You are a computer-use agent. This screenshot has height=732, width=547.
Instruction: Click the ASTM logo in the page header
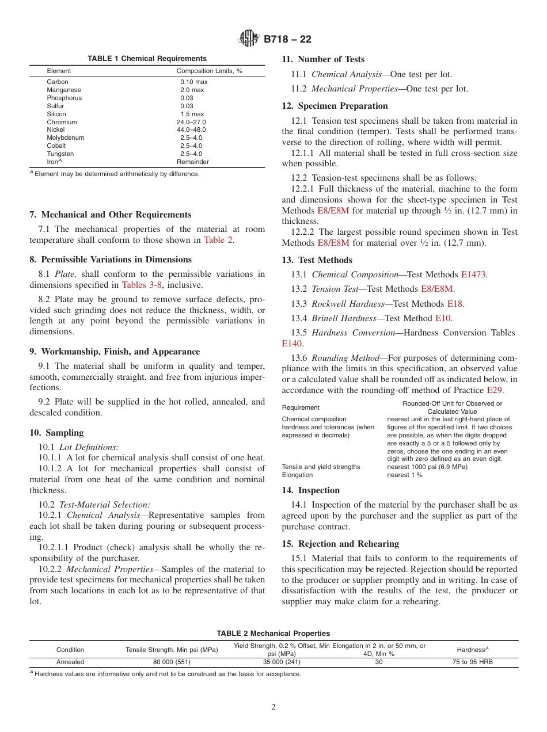tap(249, 39)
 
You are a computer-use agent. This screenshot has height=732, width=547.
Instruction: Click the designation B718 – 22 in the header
tap(287, 40)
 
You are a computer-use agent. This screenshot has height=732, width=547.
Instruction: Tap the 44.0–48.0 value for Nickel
tap(191, 130)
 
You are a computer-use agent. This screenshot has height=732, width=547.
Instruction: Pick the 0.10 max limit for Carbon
tap(193, 82)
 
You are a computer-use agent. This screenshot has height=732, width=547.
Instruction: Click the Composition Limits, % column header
tap(209, 71)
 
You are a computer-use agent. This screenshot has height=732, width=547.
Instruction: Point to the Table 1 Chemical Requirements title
tap(147, 59)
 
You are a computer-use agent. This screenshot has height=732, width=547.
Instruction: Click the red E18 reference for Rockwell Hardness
tap(455, 304)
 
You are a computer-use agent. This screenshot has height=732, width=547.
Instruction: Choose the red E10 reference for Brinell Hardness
tap(443, 318)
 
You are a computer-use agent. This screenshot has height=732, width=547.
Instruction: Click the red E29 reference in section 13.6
tap(509, 390)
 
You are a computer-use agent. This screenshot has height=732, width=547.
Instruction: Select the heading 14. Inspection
tap(311, 490)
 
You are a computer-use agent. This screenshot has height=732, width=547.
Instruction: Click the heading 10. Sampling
tap(56, 433)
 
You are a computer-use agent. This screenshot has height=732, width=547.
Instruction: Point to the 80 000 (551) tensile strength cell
tap(172, 662)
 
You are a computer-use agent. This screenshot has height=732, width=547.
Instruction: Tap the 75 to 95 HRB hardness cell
tap(472, 662)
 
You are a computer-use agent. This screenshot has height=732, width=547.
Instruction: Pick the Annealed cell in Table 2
tap(70, 662)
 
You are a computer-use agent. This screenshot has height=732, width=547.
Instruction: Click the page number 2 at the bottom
tap(273, 707)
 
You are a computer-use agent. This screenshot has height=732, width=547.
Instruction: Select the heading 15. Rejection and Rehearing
tap(340, 544)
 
